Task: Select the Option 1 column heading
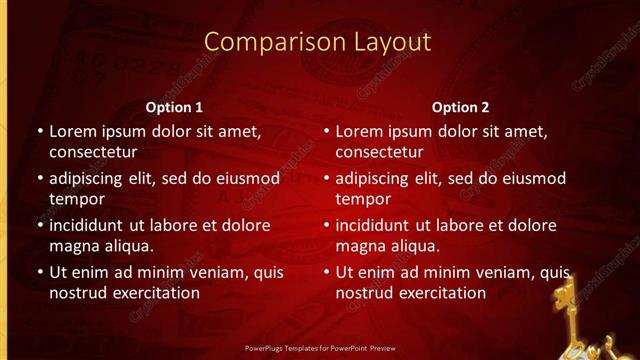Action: coord(174,106)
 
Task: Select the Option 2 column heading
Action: coord(460,106)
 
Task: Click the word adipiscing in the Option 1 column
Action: coord(89,179)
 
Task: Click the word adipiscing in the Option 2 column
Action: coord(375,179)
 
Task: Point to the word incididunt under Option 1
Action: coord(90,225)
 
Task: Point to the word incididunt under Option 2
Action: coord(376,225)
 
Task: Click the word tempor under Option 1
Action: coord(73,199)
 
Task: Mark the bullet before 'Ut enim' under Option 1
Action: coord(39,272)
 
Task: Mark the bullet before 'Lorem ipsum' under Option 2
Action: coord(325,131)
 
